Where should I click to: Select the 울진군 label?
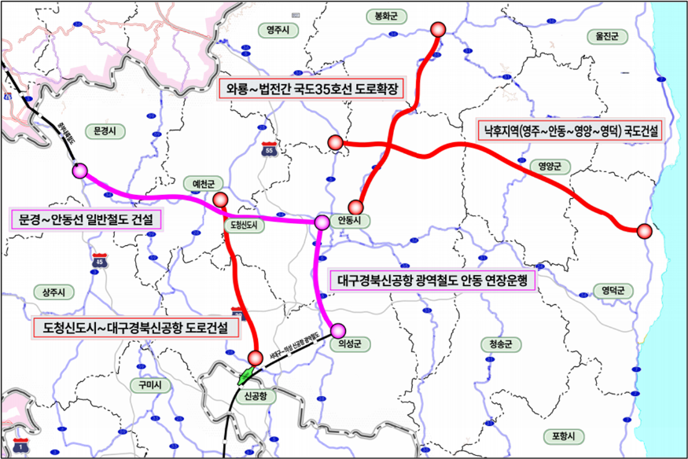pos(609,36)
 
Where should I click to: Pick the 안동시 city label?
pos(347,221)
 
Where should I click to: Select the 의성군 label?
pos(348,343)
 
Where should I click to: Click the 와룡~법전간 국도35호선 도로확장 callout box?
pos(310,88)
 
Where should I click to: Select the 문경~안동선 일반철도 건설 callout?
pos(86,219)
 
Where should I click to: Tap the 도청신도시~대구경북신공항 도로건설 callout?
pos(136,329)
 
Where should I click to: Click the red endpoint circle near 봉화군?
pos(439,30)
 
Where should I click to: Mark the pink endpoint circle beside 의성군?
pos(338,329)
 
